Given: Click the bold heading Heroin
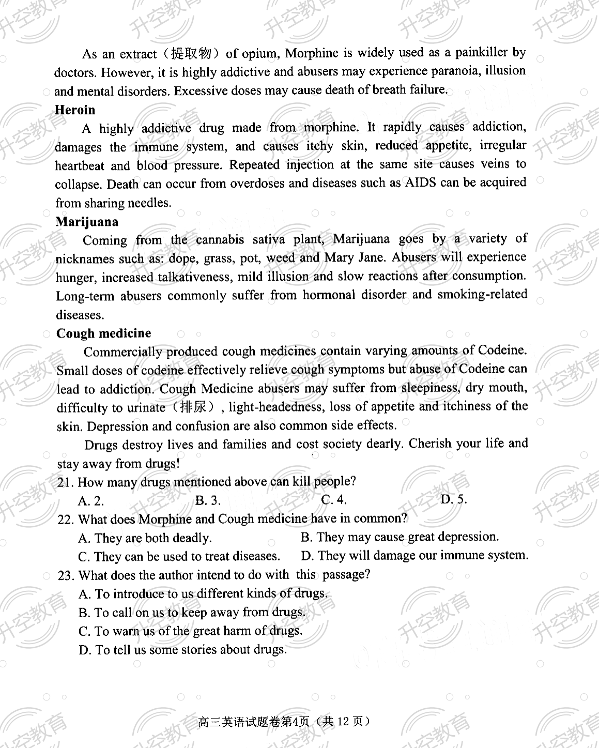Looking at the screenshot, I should [x=75, y=110].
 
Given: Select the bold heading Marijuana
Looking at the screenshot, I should [x=87, y=222].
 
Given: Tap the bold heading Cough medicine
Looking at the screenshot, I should [x=104, y=333].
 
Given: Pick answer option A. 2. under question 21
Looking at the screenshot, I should [x=91, y=501].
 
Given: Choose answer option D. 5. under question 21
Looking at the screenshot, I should [x=453, y=499].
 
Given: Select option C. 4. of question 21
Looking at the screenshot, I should [x=333, y=500].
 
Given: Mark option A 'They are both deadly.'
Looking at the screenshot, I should [x=145, y=538].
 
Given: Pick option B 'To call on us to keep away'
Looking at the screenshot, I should [x=192, y=613].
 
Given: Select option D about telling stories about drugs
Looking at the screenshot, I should [x=182, y=650].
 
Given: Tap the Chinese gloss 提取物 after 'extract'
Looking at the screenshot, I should [x=191, y=53].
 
